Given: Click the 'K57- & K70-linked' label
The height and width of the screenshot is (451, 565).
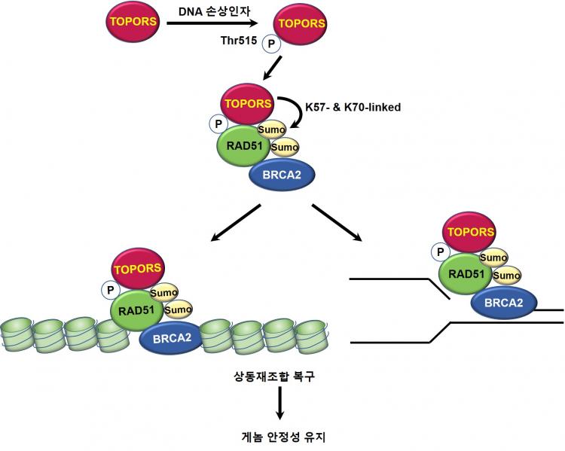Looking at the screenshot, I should click(352, 107).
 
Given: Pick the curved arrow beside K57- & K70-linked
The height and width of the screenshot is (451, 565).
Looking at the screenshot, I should click(290, 113).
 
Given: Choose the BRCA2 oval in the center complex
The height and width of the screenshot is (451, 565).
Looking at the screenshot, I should click(281, 175).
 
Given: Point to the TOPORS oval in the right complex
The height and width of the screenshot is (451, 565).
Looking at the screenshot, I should click(471, 232).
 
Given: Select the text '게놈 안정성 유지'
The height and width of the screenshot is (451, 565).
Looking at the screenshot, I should click(279, 436).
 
